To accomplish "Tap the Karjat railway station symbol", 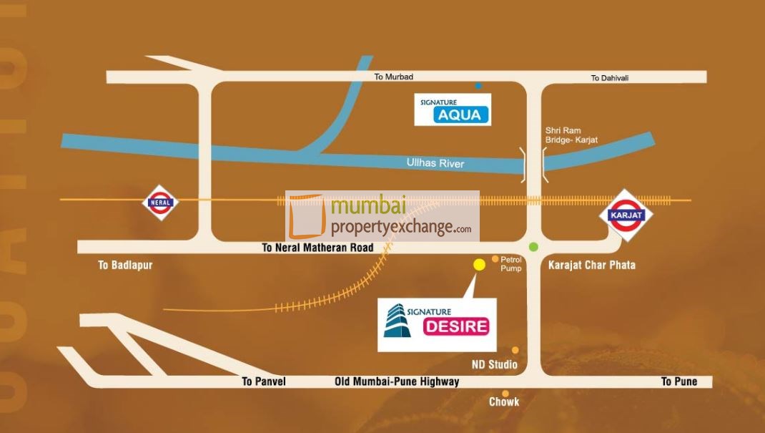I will (x=626, y=214).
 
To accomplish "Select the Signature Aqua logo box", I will (x=452, y=110).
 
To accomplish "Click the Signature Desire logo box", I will (x=438, y=324).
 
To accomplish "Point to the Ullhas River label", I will (x=435, y=164).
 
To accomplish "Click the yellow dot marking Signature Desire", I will (x=479, y=265).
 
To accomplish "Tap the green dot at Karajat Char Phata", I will (x=533, y=247).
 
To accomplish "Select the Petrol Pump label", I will (x=511, y=264).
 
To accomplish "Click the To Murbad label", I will (x=394, y=77).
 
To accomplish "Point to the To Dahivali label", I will (x=610, y=78).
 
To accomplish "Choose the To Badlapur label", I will (x=125, y=266).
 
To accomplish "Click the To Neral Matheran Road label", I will (x=317, y=248).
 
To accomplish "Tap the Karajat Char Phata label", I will (x=592, y=266).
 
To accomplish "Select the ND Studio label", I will (x=494, y=365).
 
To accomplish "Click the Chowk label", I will (x=504, y=402).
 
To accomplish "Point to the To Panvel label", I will (x=264, y=381).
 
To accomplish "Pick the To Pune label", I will (x=679, y=381).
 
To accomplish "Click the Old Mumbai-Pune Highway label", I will (x=397, y=381).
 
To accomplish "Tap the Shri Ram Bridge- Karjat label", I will (x=571, y=135).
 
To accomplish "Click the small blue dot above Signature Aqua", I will (x=478, y=86).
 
